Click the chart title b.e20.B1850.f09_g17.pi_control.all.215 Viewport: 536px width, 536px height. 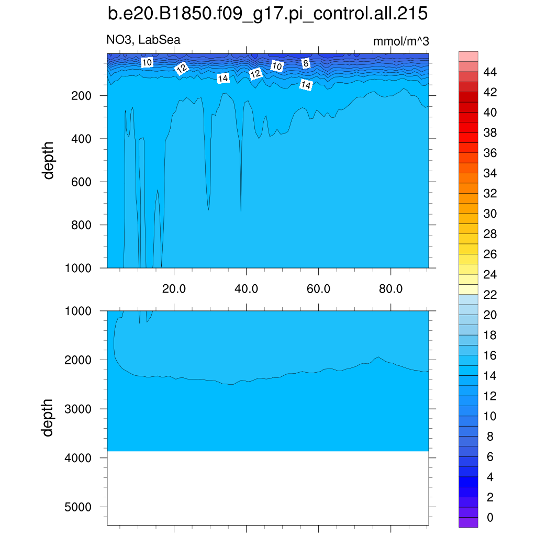click(x=267, y=14)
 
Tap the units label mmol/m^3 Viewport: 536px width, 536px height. click(x=401, y=41)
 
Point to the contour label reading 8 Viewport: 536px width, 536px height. click(x=306, y=63)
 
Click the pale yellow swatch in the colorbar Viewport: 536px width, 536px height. click(x=468, y=289)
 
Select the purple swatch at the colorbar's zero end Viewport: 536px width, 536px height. click(x=468, y=522)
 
